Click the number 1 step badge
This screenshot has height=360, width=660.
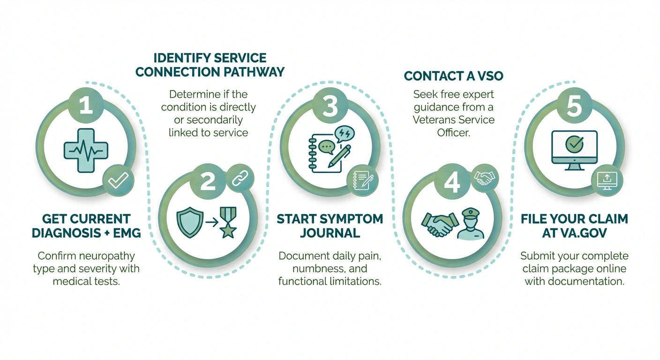click(x=86, y=105)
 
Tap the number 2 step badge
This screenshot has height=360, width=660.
click(x=208, y=182)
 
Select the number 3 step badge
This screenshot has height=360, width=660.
click(x=330, y=105)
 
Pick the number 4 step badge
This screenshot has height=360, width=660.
click(x=452, y=182)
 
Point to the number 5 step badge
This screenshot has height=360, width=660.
click(x=574, y=106)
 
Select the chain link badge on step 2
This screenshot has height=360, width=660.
click(x=239, y=178)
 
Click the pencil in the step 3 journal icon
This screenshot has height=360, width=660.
click(x=339, y=156)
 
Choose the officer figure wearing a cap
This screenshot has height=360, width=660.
click(x=471, y=224)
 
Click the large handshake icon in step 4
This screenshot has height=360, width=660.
click(x=439, y=224)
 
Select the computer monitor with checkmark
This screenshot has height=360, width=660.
click(x=574, y=147)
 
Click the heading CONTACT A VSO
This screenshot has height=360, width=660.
click(x=453, y=76)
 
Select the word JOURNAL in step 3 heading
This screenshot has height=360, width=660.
click(x=330, y=233)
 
